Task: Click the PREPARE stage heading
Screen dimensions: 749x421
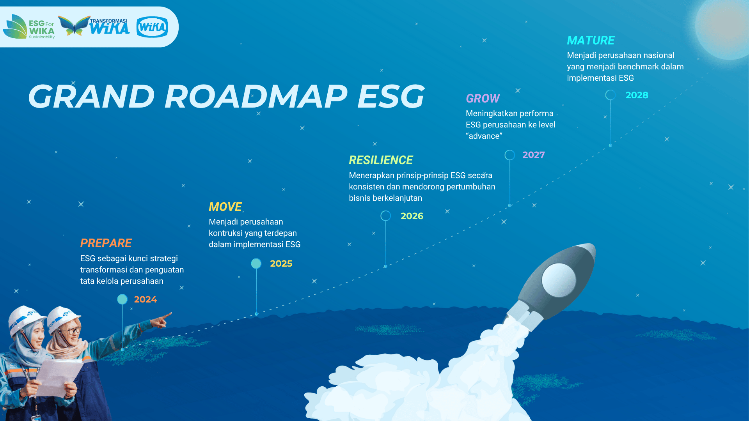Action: (x=106, y=243)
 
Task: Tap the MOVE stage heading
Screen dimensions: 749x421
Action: (x=225, y=207)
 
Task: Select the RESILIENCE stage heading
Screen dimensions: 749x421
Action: (x=381, y=160)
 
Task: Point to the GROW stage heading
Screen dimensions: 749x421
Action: (x=483, y=99)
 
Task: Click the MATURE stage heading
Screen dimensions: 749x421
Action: (x=591, y=41)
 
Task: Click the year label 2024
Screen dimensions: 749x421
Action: (x=146, y=299)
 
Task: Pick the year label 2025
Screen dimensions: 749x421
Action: (x=281, y=264)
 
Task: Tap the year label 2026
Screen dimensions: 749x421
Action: (x=412, y=216)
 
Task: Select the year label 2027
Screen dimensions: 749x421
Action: (x=534, y=155)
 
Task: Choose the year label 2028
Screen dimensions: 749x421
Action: (x=637, y=95)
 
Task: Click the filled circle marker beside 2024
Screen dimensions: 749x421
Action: (x=122, y=299)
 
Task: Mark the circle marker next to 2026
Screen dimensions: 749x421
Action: (x=386, y=211)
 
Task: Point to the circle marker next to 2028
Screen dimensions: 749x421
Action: (x=611, y=90)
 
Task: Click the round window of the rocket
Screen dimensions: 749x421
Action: (x=559, y=280)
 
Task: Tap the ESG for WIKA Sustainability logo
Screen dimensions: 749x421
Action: (x=29, y=27)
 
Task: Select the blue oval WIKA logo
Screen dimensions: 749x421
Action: (x=152, y=27)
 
